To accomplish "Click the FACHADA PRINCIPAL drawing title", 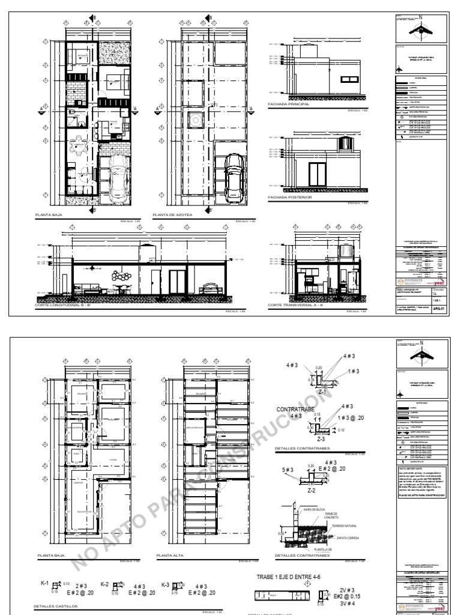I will tap(288, 104).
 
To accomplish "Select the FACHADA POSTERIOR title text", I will tap(290, 196).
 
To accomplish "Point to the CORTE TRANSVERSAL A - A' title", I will tap(298, 306).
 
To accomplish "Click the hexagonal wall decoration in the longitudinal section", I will tap(124, 275).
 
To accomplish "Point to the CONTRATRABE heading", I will tap(291, 409).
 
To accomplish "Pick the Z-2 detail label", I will tap(312, 491).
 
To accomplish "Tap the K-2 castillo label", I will tap(104, 584).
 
